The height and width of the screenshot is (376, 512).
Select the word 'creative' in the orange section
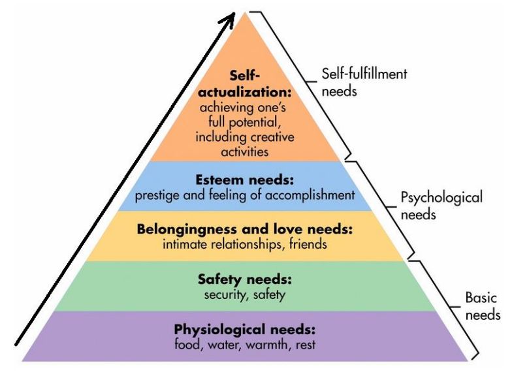point(271,138)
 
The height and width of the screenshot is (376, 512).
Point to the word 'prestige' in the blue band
point(157,195)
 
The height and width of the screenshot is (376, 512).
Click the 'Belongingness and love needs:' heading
point(244,230)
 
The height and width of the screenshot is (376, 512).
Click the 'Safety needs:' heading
point(244,279)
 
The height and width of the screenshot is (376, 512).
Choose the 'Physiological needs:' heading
point(244,328)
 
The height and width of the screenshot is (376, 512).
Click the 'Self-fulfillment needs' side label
point(364,82)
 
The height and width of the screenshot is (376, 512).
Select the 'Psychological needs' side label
point(441,205)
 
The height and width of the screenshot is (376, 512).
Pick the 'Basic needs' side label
point(482,306)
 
